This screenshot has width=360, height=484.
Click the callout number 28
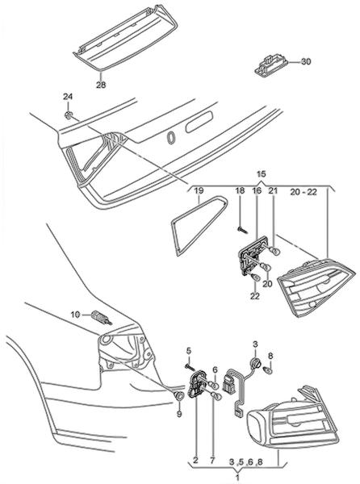click(101, 85)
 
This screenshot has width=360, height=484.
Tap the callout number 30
click(306, 61)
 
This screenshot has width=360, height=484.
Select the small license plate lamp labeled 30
click(270, 65)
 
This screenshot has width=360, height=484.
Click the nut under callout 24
click(69, 115)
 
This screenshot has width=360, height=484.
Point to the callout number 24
click(68, 97)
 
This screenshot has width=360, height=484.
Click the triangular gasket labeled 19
click(199, 225)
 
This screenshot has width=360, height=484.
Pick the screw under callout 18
click(242, 229)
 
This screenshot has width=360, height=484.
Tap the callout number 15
click(262, 173)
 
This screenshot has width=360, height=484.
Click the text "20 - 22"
click(303, 192)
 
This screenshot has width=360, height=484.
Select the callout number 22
click(255, 296)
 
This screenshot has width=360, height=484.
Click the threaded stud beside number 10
click(102, 319)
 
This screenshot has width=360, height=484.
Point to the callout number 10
click(75, 315)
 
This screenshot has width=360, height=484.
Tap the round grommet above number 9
click(178, 396)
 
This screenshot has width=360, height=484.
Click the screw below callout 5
click(189, 367)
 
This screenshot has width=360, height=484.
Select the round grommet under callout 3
click(256, 362)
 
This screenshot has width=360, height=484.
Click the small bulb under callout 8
click(268, 369)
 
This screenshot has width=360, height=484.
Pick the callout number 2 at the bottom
click(195, 461)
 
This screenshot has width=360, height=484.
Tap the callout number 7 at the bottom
click(212, 461)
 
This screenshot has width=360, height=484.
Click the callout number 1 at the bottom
click(237, 478)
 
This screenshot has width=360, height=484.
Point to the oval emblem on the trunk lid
click(170, 137)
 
